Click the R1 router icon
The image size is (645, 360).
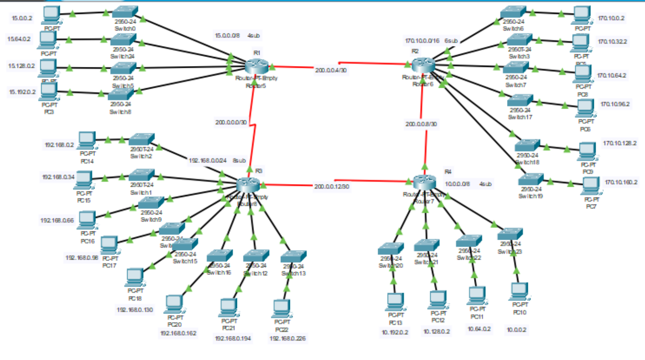point(257,66)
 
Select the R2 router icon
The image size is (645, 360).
point(423,65)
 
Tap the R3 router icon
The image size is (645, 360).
point(248,184)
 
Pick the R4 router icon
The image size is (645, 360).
point(424,181)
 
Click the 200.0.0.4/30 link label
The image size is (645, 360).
point(331,70)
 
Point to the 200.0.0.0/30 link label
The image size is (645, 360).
point(231,122)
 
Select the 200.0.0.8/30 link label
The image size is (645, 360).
point(422,124)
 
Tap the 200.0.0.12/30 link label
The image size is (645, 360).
point(332,186)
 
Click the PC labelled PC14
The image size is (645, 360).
point(86,139)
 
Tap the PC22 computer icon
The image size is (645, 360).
point(281,308)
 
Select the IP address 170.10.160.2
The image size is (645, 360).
point(621,182)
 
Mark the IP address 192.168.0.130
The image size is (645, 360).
point(135,310)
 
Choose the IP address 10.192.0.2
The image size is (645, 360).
point(394,332)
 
